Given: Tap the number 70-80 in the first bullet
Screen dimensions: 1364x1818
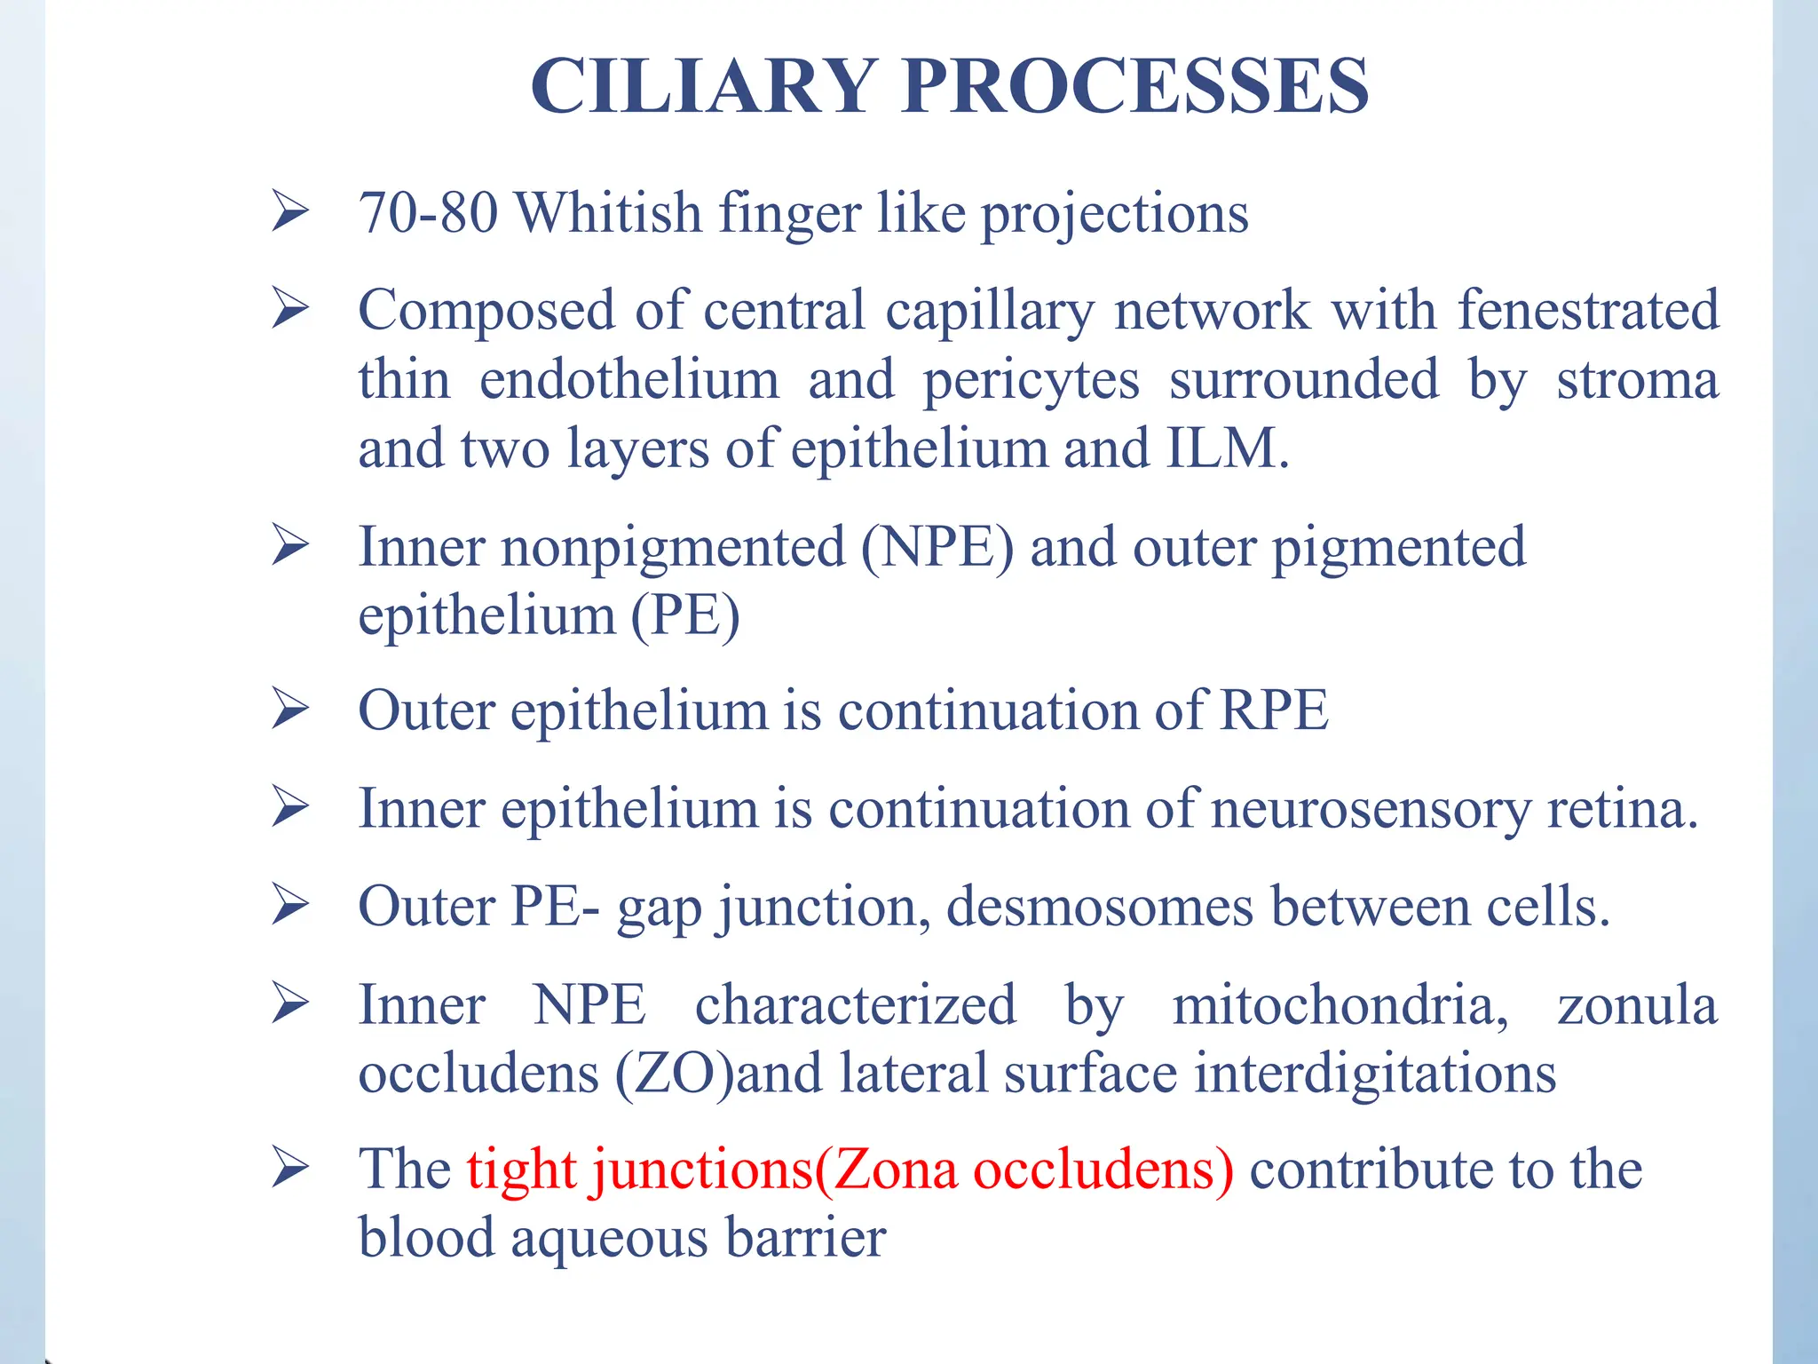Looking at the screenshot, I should (x=427, y=213).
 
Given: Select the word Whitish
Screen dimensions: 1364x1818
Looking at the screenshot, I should (x=608, y=213).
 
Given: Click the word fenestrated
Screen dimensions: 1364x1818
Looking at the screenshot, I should (x=1588, y=311).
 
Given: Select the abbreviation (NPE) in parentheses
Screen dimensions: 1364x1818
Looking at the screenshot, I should (x=937, y=547).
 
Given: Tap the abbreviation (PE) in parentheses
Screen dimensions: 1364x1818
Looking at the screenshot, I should (x=684, y=615).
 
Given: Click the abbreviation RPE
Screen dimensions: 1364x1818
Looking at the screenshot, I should (x=1274, y=710).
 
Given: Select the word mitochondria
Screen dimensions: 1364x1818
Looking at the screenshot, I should (x=1340, y=1006).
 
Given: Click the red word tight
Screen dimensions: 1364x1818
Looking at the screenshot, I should (x=522, y=1170).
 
